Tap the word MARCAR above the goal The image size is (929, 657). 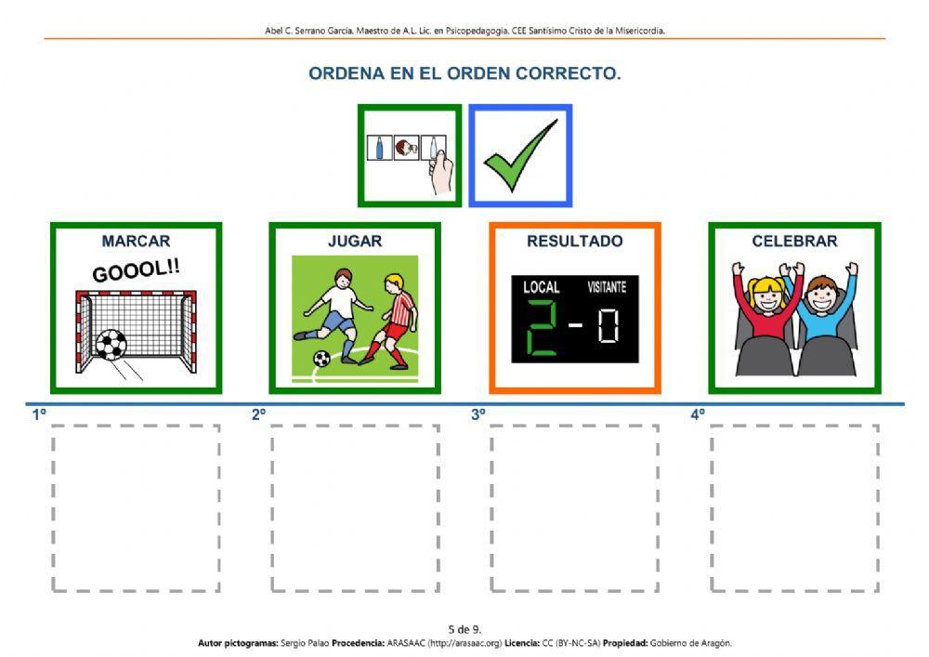[136, 241]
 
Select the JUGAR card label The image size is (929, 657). [355, 241]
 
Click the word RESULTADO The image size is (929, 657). [575, 241]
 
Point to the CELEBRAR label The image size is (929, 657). [794, 241]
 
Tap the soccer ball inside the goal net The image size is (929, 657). [111, 345]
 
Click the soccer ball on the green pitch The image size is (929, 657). [321, 359]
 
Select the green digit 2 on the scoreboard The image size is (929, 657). [543, 327]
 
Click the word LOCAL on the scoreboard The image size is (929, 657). [541, 287]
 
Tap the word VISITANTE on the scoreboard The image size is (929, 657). [607, 287]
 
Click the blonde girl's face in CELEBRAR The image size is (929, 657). [768, 295]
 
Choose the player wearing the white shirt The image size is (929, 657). [334, 315]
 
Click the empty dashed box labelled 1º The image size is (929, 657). [136, 507]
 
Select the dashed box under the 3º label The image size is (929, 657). [574, 507]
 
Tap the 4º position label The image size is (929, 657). [698, 414]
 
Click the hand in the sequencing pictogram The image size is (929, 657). [440, 172]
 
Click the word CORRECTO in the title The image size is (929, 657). [568, 73]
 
